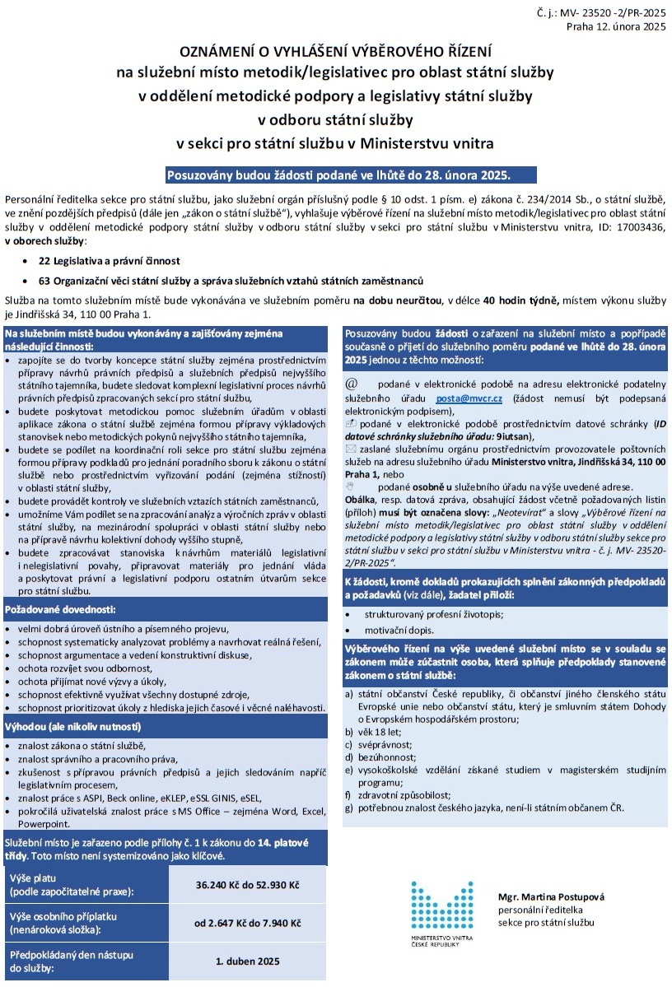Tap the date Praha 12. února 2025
615,27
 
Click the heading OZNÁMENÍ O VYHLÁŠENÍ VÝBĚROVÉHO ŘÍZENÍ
335,52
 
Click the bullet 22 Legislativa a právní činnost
103,260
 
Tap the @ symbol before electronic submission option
352,384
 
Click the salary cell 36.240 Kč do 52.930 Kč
247,884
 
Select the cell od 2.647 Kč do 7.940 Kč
247,923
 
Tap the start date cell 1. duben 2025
247,961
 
